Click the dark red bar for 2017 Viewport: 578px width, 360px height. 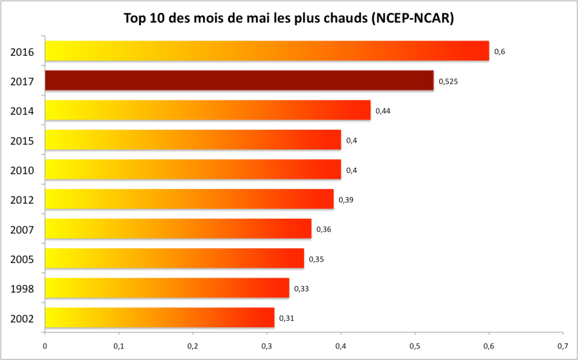click(239, 81)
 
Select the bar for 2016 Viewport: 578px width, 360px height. click(267, 51)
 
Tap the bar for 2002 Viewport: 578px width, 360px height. click(159, 318)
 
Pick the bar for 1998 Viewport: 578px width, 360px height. click(167, 288)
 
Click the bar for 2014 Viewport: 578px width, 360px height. click(208, 111)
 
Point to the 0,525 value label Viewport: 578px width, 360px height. click(447, 82)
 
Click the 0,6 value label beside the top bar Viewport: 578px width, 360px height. click(499, 51)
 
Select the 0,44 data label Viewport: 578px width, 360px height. click(383, 111)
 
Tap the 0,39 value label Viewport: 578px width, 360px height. click(345, 200)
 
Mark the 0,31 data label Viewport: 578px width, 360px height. click(287, 318)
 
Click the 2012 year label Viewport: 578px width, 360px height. click(22, 200)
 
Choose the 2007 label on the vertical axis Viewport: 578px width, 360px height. click(22, 230)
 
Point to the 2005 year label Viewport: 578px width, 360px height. click(22, 259)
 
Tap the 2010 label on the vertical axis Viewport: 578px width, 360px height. click(22, 170)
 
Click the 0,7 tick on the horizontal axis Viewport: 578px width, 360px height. click(563, 346)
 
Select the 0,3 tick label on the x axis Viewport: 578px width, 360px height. click(267, 346)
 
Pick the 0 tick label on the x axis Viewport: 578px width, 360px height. click(45, 346)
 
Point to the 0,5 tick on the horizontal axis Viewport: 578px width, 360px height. click(415, 346)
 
